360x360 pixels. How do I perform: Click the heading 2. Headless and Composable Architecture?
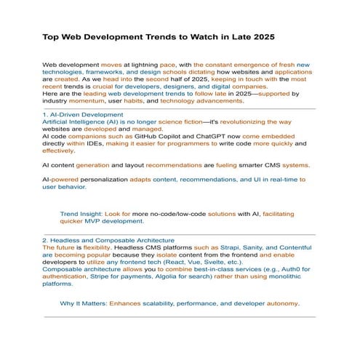point(108,240)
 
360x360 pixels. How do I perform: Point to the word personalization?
point(92,178)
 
